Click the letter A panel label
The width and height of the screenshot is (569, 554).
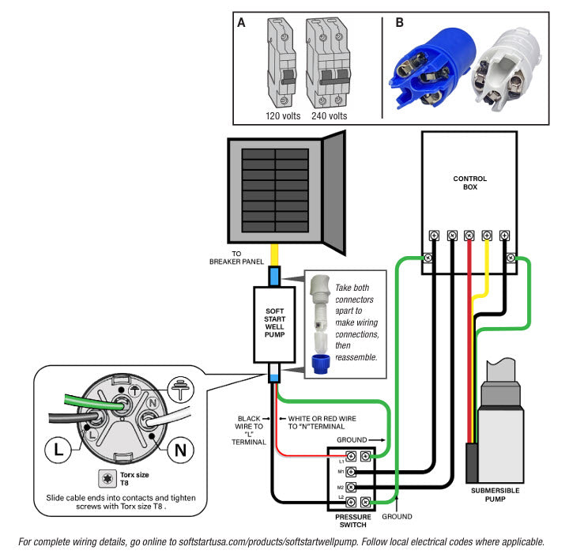coord(241,23)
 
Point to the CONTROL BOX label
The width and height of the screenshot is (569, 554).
coord(469,183)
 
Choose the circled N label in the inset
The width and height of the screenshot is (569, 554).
coord(179,450)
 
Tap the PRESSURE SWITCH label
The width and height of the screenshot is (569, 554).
coord(348,521)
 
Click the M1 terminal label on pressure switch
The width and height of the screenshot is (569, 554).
coord(341,472)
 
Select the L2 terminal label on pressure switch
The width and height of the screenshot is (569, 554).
coord(341,497)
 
